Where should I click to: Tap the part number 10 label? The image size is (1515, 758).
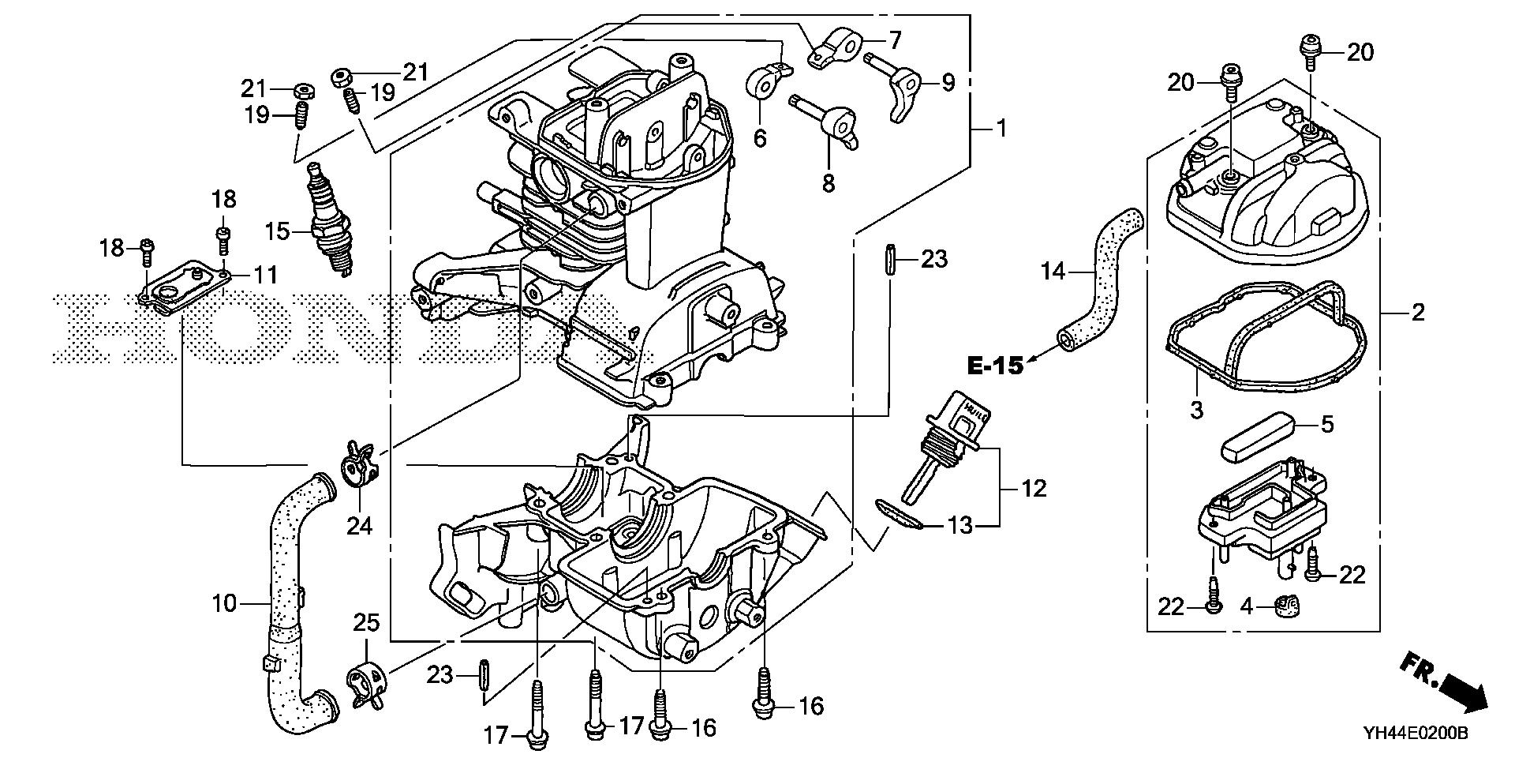(224, 604)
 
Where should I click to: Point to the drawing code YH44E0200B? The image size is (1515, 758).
(1415, 734)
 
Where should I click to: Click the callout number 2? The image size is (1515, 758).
(1418, 313)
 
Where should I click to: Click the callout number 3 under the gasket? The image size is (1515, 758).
(1196, 410)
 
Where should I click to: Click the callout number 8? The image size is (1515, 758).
(827, 183)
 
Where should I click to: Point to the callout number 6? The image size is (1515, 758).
(759, 138)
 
